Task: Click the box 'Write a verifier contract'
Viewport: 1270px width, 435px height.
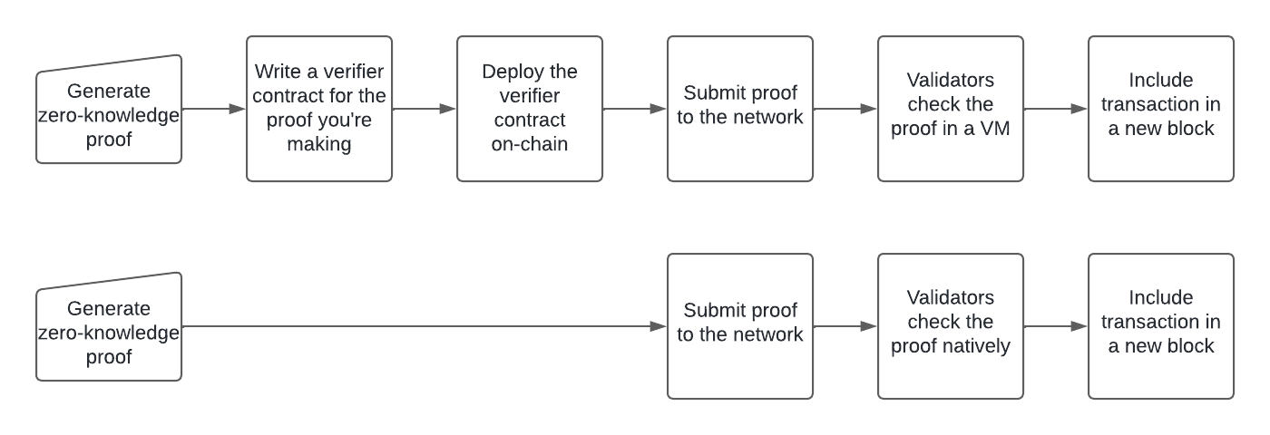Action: [319, 109]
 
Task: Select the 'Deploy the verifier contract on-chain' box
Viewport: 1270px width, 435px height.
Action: [530, 109]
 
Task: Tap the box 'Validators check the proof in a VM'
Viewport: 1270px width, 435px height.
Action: [951, 109]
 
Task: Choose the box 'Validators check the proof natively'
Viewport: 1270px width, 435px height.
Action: [951, 326]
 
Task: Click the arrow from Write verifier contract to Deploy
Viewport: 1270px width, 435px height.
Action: [425, 109]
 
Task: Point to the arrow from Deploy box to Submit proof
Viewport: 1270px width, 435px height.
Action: [635, 109]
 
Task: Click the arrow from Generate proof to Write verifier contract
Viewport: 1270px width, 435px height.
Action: [214, 109]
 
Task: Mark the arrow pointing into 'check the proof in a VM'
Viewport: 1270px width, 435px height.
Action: [845, 109]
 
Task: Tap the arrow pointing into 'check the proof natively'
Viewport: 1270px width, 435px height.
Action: [845, 326]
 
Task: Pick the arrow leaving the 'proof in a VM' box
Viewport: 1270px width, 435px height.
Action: [1056, 109]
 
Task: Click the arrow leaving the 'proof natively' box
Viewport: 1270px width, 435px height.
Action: [1056, 326]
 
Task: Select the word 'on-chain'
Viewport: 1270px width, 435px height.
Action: [530, 143]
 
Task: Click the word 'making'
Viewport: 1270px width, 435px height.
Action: [319, 144]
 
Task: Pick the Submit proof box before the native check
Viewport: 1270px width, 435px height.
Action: [740, 326]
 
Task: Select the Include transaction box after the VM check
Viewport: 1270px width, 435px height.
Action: [1161, 109]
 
